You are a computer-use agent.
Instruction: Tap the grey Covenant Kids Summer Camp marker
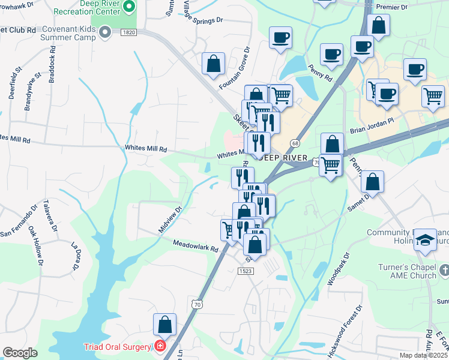pos(106,32)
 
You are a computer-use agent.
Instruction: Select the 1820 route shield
pos(127,32)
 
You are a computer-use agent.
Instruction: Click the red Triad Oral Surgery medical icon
pos(160,346)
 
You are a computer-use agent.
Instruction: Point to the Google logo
pos(20,353)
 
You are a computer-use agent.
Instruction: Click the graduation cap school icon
pos(426,239)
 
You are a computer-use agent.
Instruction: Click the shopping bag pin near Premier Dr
pos(378,25)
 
